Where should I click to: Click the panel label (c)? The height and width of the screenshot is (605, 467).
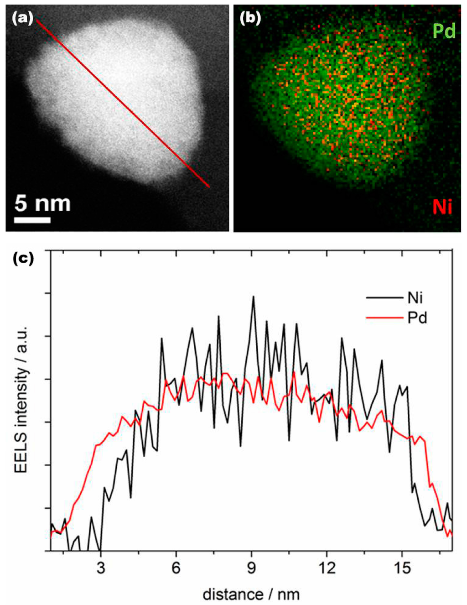click(x=23, y=259)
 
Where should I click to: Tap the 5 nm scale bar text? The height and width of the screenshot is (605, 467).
click(x=42, y=203)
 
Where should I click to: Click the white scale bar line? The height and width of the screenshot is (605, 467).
click(x=32, y=220)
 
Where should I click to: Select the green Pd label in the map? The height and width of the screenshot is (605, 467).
click(x=444, y=31)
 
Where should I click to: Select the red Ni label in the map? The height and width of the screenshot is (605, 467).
click(x=442, y=207)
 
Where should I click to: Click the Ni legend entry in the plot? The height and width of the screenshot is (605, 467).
click(x=415, y=298)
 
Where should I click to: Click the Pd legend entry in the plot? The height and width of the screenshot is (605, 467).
click(x=417, y=318)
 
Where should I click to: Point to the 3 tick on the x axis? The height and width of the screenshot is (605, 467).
click(x=101, y=568)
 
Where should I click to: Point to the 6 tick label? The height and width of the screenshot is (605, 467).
click(x=176, y=568)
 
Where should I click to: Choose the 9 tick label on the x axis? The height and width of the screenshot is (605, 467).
click(x=251, y=568)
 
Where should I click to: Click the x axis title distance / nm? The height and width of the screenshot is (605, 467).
click(x=251, y=594)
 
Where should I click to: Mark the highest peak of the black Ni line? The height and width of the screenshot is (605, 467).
click(x=253, y=297)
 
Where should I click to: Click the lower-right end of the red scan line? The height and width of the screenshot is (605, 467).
click(x=209, y=186)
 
